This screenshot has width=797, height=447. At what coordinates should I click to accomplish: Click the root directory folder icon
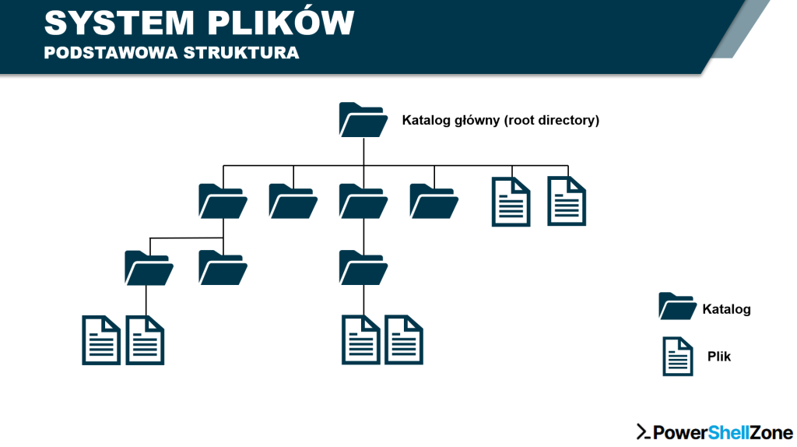[x=363, y=121]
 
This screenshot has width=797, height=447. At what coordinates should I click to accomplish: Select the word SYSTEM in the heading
[x=115, y=23]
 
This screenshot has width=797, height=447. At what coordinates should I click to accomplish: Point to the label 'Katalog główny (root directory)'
[x=500, y=121]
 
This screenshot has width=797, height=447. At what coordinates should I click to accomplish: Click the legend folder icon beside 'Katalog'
[x=676, y=306]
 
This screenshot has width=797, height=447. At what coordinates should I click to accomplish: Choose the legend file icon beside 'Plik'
[x=677, y=356]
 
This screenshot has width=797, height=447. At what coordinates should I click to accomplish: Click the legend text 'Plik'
[x=719, y=357]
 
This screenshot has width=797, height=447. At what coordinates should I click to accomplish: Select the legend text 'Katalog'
[x=726, y=309]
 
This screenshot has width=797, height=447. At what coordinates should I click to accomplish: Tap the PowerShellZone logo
[x=714, y=432]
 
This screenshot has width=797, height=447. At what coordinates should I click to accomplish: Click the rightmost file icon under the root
[x=567, y=201]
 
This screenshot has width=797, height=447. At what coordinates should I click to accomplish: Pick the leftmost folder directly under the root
[x=223, y=201]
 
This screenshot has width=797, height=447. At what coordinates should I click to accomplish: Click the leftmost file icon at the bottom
[x=101, y=340]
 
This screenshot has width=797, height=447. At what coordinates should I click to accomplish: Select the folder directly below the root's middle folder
[x=363, y=267]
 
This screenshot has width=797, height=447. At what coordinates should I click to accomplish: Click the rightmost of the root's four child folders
[x=434, y=201]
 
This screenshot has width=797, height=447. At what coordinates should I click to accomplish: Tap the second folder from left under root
[x=293, y=201]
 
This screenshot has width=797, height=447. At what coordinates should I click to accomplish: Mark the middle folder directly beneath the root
[x=363, y=201]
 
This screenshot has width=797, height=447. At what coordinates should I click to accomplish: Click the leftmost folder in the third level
[x=149, y=267]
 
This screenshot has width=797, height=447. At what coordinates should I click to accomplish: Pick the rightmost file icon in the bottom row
[x=404, y=340]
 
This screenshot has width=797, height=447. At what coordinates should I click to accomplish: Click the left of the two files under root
[x=511, y=201]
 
